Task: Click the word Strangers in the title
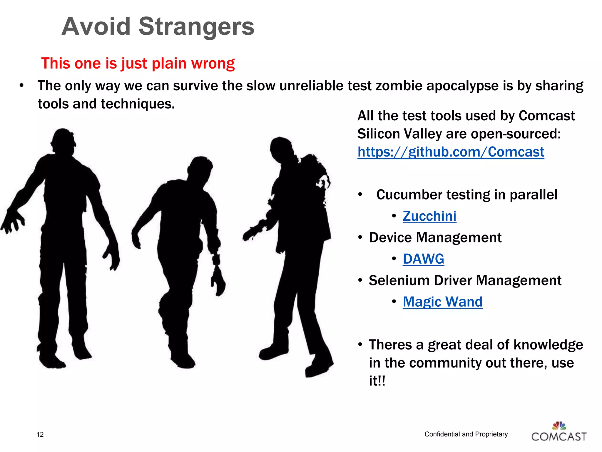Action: coord(196,26)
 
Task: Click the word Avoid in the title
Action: coord(96,26)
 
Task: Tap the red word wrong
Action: coord(213,63)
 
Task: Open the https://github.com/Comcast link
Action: coord(451,152)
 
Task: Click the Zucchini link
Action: coord(429,216)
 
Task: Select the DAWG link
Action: coord(423,259)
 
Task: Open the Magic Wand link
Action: coord(442,302)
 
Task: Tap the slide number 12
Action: coord(40,435)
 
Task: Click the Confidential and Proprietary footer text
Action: coord(466,434)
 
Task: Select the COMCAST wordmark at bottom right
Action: coord(559,437)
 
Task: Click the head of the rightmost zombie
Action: coord(281,149)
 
